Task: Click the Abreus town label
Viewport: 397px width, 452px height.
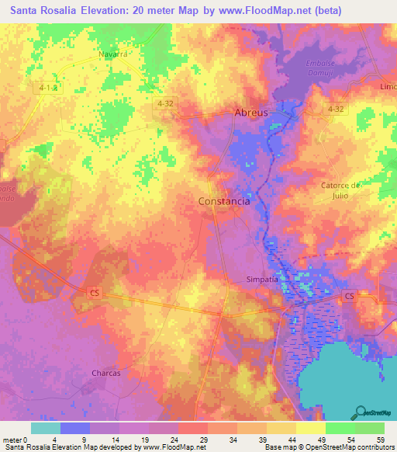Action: point(251,113)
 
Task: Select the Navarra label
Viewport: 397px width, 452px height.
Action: point(112,54)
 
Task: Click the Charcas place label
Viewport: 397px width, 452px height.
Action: point(106,373)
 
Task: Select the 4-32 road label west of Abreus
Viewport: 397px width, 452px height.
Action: point(164,103)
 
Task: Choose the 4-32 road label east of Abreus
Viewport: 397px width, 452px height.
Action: point(335,110)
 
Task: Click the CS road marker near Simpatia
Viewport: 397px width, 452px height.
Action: point(349,297)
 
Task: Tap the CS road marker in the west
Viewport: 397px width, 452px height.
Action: point(95,293)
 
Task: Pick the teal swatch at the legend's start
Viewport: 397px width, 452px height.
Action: point(45,428)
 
